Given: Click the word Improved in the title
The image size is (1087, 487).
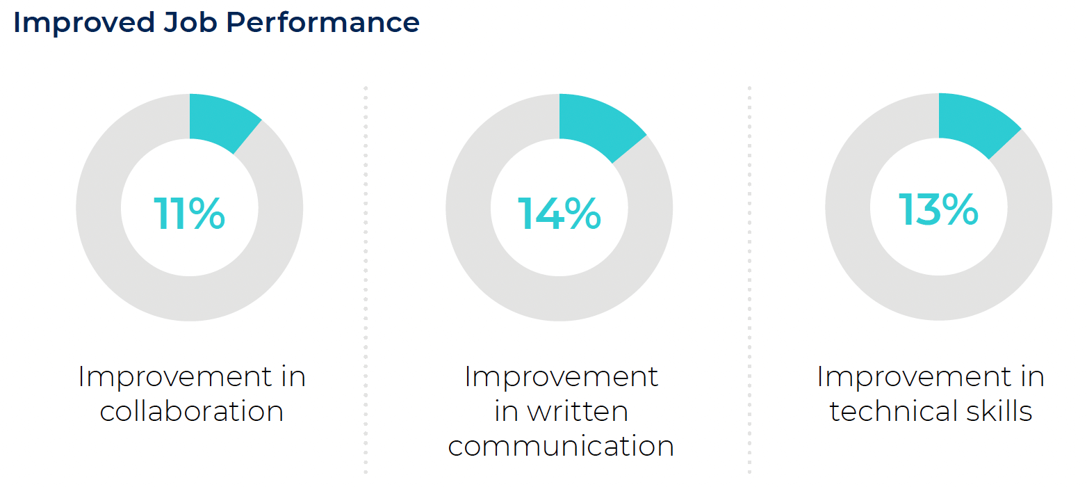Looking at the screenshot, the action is [84, 23].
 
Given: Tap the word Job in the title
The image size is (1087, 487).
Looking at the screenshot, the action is [190, 23].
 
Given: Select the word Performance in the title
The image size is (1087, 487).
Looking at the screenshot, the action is [322, 23].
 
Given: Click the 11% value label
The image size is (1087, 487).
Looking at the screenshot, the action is [189, 213].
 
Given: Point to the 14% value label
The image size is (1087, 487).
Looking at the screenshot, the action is [559, 213].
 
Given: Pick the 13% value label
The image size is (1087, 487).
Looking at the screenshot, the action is [938, 209].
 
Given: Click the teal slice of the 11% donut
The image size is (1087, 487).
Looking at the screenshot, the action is [221, 120].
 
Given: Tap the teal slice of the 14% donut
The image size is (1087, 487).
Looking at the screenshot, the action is [598, 124].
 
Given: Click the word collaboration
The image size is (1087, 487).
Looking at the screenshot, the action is [192, 411].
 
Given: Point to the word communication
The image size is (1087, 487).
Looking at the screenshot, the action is [561, 446].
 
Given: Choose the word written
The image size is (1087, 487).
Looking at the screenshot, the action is [578, 412].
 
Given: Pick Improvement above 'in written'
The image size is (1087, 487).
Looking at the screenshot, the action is [562, 377].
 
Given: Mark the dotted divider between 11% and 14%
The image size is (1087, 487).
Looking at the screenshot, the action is [366, 280].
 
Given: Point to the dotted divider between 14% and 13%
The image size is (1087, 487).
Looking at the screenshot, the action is [749, 280].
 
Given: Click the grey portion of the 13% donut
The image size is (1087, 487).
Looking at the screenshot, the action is [939, 298].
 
